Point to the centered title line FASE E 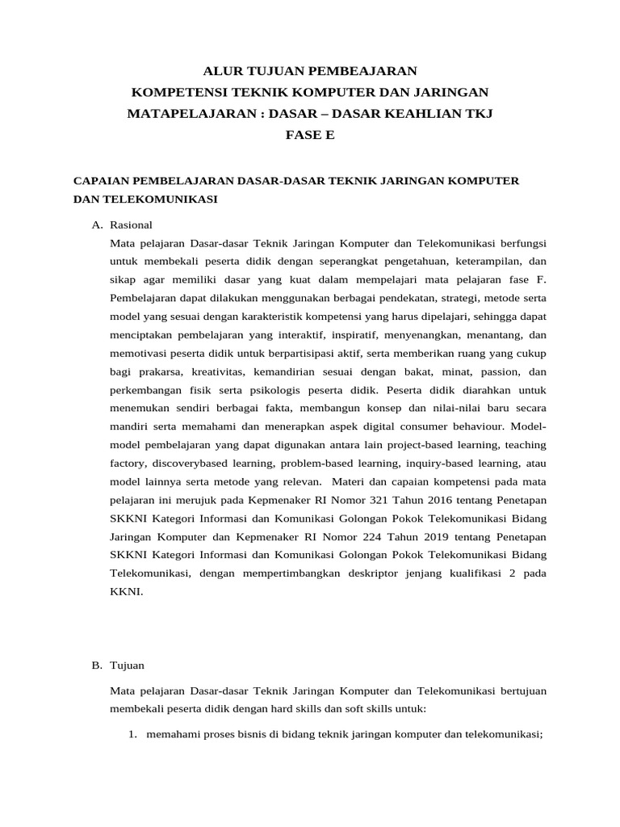[x=310, y=135]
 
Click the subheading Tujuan [x=127, y=665]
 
